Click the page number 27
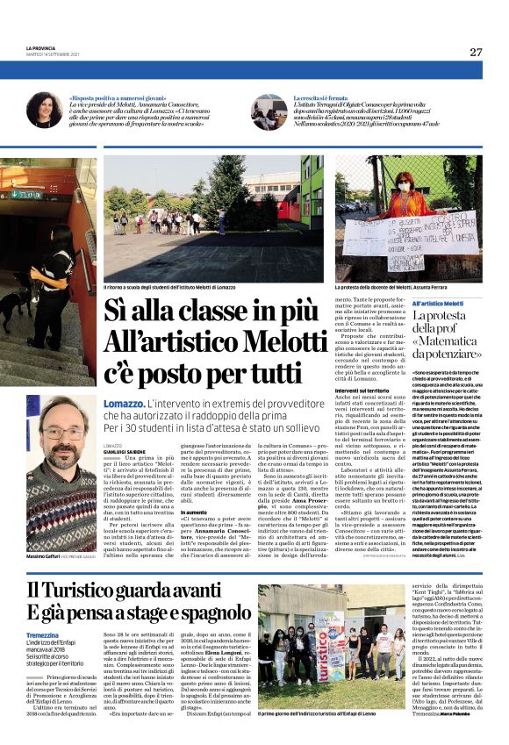[x=476, y=52]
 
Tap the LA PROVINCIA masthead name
[x=40, y=47]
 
